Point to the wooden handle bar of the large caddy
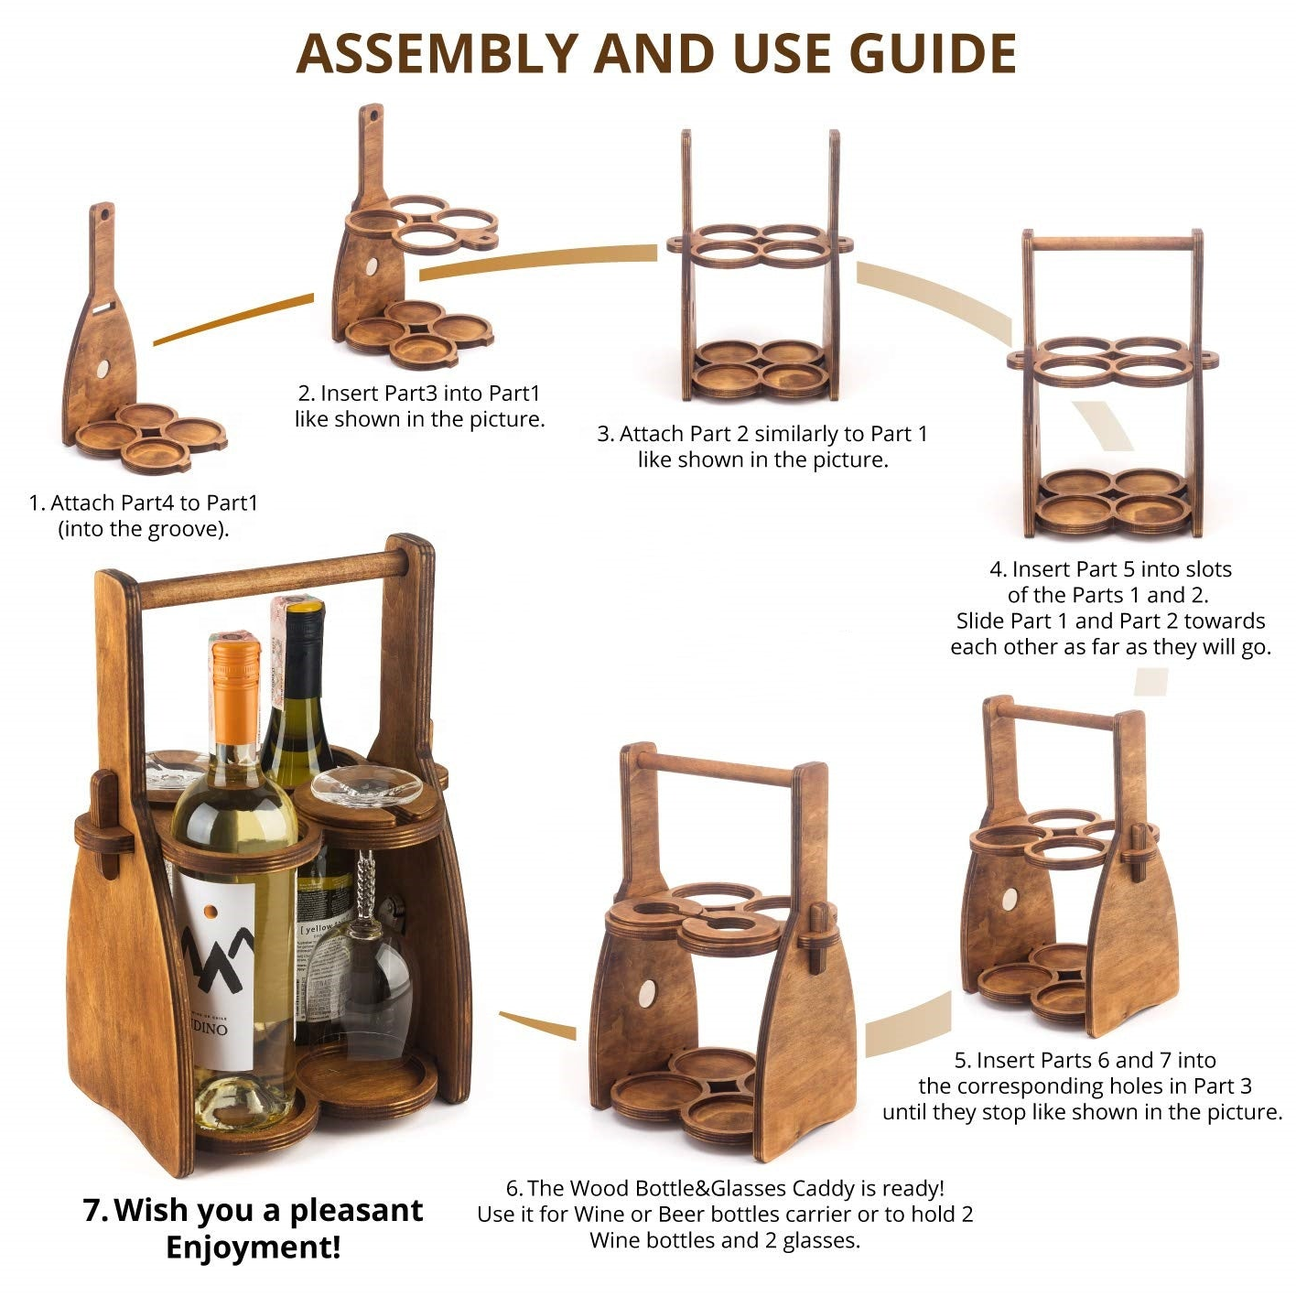(271, 578)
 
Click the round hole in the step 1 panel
(103, 368)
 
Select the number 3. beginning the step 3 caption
(606, 434)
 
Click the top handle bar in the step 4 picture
(1112, 243)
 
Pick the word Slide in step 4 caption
(982, 621)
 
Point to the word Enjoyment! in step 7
(254, 1247)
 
